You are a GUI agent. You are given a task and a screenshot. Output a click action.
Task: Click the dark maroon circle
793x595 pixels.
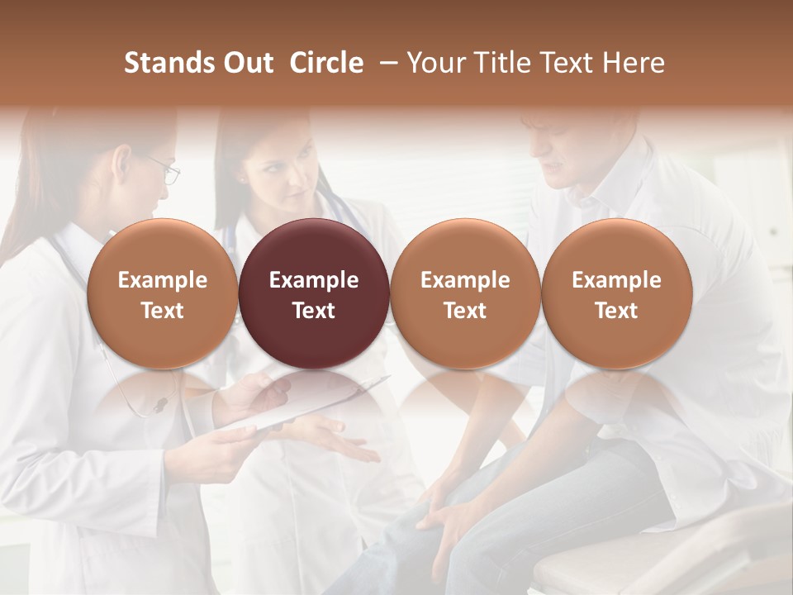coord(314,293)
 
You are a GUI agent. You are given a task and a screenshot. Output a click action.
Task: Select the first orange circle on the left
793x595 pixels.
coord(163,293)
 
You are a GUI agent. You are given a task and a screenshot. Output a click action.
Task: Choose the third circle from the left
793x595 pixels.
coord(465,293)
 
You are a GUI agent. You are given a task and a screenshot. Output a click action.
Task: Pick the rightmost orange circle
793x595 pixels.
coord(616,293)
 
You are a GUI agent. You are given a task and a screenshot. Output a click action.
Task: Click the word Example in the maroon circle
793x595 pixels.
coord(314,280)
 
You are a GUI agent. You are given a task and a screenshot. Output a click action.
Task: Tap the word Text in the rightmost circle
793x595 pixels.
coord(616,311)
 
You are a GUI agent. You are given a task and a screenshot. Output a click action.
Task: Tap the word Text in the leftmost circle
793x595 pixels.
coord(163,311)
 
